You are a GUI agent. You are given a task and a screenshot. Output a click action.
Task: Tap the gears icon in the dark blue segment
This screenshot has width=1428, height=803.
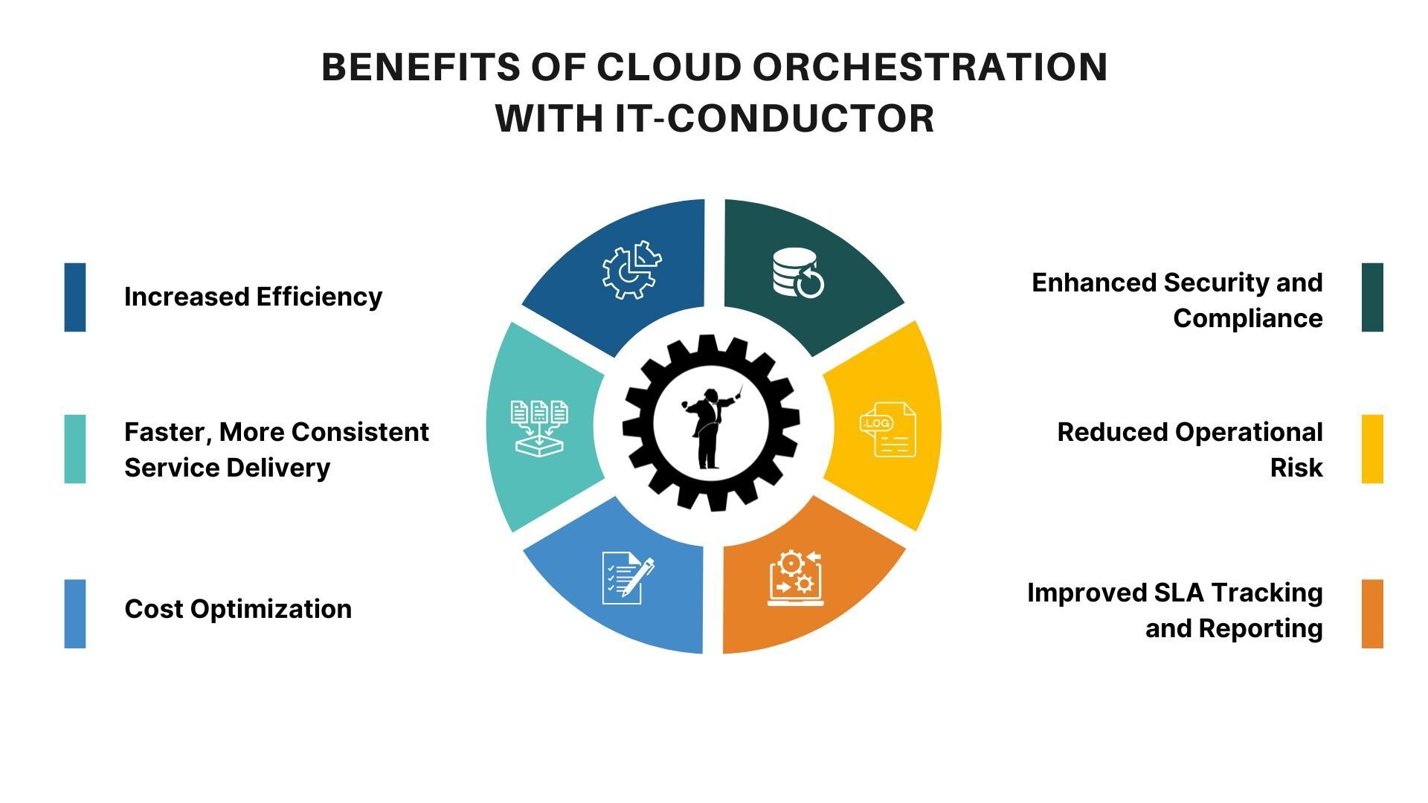(631, 270)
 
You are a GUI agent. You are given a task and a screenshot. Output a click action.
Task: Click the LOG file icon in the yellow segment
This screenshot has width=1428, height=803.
(887, 429)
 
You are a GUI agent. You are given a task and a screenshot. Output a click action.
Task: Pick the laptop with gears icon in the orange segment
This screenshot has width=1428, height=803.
(795, 578)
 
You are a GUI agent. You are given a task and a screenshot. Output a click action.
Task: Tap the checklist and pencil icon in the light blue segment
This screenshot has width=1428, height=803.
(627, 578)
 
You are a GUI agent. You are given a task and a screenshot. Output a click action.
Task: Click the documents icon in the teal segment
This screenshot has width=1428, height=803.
(539, 427)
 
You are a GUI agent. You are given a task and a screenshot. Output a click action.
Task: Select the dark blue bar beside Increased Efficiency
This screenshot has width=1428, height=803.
(75, 297)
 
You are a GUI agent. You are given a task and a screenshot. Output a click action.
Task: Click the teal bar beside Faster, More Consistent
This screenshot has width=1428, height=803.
(75, 449)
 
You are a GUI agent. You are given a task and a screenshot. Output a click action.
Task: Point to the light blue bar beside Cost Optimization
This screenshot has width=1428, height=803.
(75, 613)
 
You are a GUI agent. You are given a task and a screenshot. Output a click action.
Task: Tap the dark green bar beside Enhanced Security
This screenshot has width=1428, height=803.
(1372, 297)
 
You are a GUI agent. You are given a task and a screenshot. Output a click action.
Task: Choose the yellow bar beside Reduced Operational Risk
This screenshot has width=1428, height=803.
(1372, 449)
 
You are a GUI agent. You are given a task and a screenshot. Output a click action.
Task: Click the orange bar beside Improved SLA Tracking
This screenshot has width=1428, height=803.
(1372, 613)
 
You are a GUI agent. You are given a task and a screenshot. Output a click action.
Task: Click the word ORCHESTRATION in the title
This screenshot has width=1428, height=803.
(930, 67)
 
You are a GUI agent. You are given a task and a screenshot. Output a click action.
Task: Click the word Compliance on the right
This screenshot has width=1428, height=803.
(1247, 318)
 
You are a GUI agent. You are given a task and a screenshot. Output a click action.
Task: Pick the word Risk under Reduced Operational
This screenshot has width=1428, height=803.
(1296, 468)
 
